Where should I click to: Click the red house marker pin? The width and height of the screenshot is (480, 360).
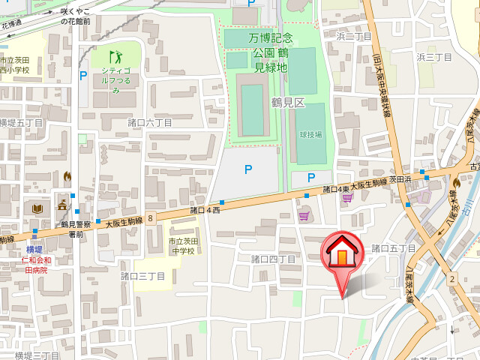[x=342, y=253]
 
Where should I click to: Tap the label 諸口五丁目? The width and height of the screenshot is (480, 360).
[x=393, y=248]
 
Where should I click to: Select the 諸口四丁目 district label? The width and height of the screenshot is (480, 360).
[x=273, y=259]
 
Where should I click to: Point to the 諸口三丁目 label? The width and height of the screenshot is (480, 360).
[x=144, y=276]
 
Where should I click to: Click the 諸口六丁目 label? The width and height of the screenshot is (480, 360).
[x=149, y=122]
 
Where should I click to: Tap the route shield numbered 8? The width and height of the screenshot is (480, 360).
[x=151, y=218]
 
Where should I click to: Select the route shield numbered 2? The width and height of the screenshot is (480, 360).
[x=451, y=279]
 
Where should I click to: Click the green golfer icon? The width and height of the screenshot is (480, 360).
[x=115, y=56]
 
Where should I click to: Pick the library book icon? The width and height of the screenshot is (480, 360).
[x=38, y=207]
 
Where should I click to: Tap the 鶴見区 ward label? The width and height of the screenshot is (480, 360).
[x=289, y=103]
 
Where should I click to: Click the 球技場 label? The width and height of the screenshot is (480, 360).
[x=310, y=135]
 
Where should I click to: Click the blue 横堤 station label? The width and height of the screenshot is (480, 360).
[x=34, y=250]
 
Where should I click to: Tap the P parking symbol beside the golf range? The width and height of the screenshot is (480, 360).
[x=83, y=75]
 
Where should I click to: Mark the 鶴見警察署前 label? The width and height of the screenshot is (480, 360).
[x=76, y=229]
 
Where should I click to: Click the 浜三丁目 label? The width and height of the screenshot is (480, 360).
[x=434, y=57]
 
